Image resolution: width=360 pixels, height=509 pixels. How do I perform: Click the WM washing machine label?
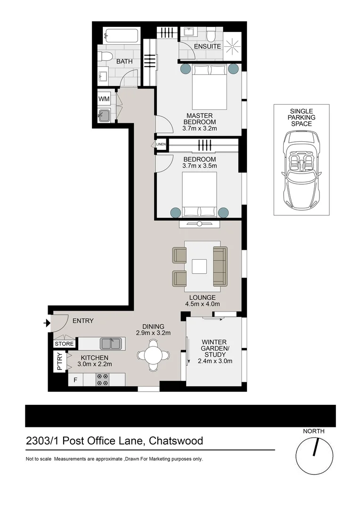104,99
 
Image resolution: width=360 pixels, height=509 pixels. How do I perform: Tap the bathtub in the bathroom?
122,36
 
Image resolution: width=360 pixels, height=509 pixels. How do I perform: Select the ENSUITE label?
207,47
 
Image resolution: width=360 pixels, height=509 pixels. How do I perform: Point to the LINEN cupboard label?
161,144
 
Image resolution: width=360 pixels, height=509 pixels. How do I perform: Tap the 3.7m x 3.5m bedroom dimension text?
199,165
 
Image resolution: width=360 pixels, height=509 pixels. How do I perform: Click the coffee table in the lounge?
199,267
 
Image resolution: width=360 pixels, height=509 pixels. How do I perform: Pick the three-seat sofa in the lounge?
220,266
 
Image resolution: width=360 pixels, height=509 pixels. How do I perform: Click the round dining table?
154,355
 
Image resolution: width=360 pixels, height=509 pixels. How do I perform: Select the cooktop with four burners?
103,380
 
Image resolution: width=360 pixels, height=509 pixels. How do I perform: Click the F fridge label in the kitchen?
74,380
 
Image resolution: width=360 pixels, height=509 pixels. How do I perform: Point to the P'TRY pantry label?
59,362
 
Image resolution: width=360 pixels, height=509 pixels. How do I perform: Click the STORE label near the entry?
64,344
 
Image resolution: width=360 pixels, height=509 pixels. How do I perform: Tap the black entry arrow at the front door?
46,323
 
